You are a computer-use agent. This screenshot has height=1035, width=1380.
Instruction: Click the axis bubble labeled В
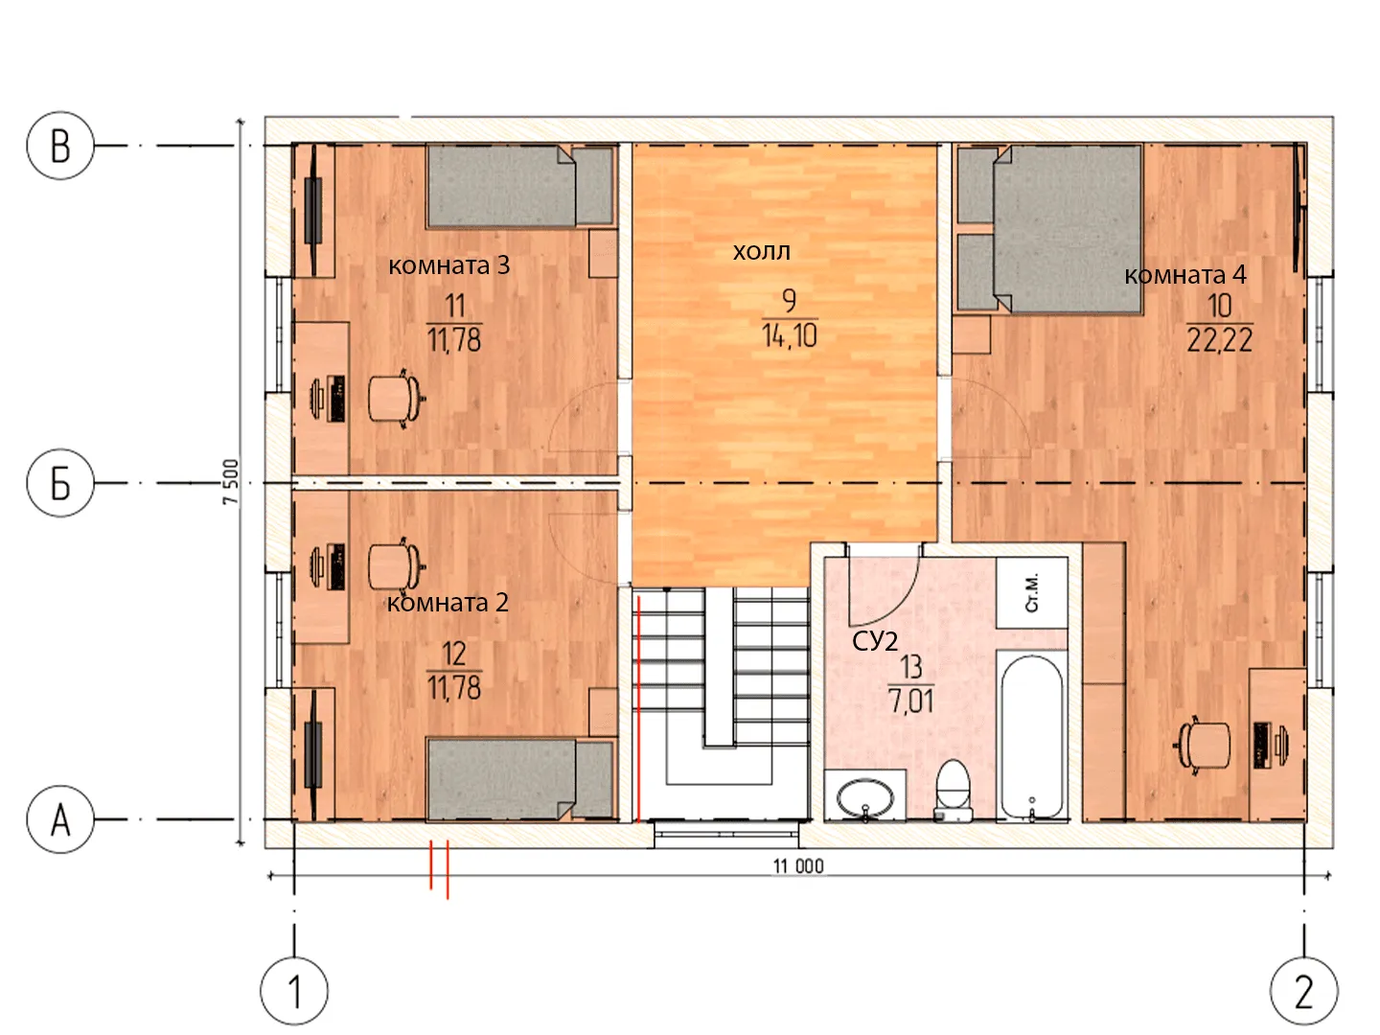[x=60, y=146]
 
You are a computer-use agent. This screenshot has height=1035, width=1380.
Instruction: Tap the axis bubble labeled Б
[x=60, y=483]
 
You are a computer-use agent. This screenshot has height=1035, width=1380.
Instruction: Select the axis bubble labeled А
[x=60, y=819]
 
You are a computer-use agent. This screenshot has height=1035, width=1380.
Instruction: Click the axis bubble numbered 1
[x=294, y=991]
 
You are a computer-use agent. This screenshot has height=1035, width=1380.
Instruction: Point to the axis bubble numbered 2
[x=1304, y=991]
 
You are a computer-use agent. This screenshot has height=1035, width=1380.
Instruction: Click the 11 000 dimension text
[x=798, y=866]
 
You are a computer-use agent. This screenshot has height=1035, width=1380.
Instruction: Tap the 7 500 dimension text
[x=231, y=481]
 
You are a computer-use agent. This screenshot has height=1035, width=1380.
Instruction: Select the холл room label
[x=761, y=252]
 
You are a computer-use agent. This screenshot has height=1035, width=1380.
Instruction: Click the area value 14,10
[x=790, y=335]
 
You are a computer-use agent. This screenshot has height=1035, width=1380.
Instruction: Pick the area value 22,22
[x=1220, y=340]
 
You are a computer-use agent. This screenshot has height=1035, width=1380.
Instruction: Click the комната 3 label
[x=448, y=265]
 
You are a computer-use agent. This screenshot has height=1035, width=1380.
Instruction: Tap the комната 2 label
[x=448, y=603]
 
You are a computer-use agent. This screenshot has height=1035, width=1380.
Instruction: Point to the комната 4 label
[x=1185, y=275]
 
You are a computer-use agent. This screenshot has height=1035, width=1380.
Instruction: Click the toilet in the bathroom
[x=954, y=790]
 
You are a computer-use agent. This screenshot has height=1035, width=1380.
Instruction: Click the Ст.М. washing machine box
[x=1032, y=592]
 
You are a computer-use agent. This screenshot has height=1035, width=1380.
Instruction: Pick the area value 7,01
[x=911, y=701]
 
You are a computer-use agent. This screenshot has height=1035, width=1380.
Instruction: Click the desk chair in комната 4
[x=1202, y=746]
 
